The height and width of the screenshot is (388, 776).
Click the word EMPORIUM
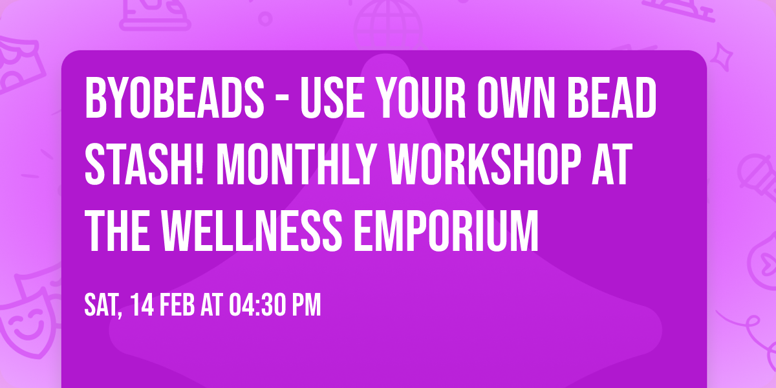tap(446, 225)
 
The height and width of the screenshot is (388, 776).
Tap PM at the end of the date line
tap(306, 305)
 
